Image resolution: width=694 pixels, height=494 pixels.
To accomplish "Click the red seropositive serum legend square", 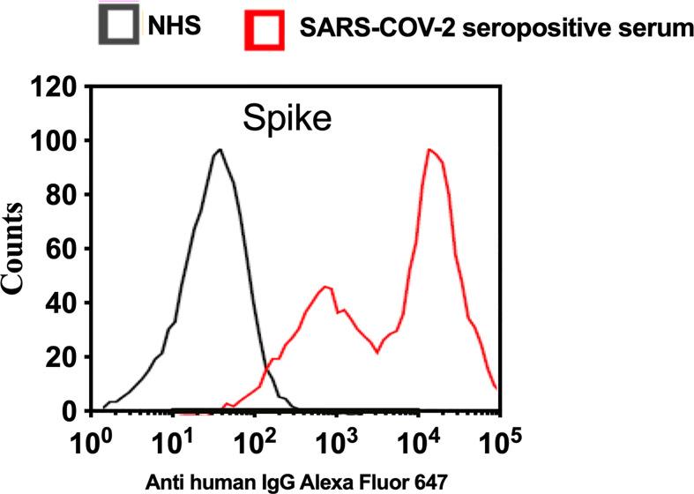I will point(264,29).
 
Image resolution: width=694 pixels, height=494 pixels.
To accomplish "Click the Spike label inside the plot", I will point(287,117).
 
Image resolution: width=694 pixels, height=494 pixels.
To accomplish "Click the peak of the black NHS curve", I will point(219,150).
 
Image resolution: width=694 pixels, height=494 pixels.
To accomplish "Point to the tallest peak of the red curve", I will point(429,150).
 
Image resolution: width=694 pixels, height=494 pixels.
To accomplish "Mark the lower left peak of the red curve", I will point(325,287).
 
